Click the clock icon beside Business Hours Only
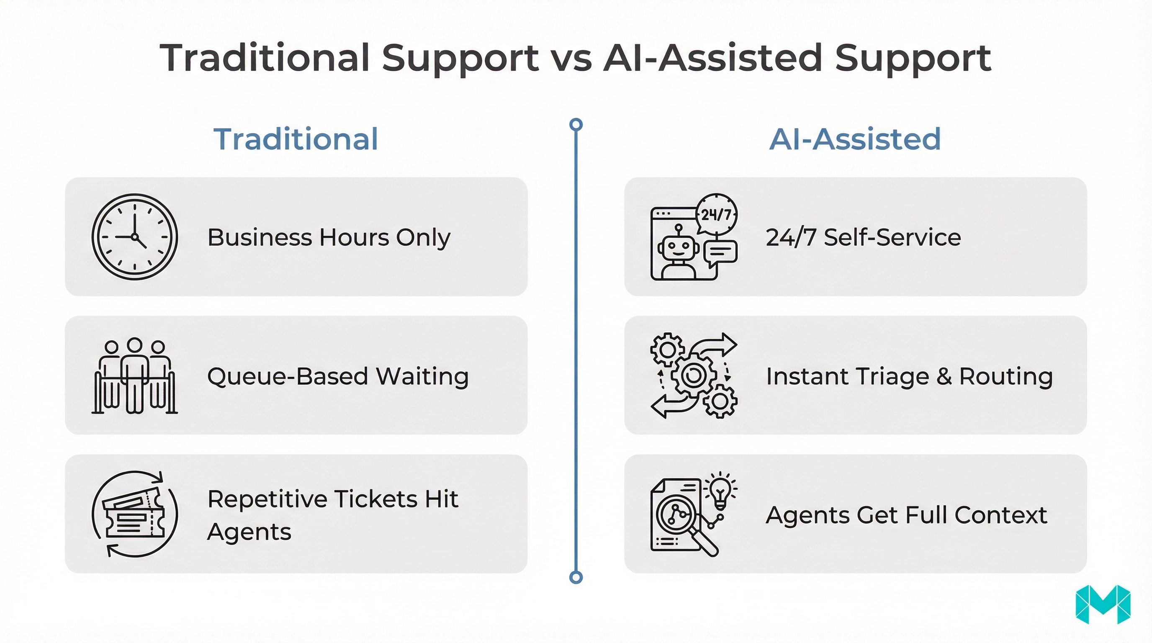coord(135,237)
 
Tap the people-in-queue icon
coord(135,376)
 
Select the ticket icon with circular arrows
coord(135,514)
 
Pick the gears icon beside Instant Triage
coord(694,376)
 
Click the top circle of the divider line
coord(576,124)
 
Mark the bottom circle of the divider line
coord(576,577)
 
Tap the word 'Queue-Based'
coord(287,376)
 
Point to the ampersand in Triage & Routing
coord(944,376)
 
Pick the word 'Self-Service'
coord(892,237)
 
